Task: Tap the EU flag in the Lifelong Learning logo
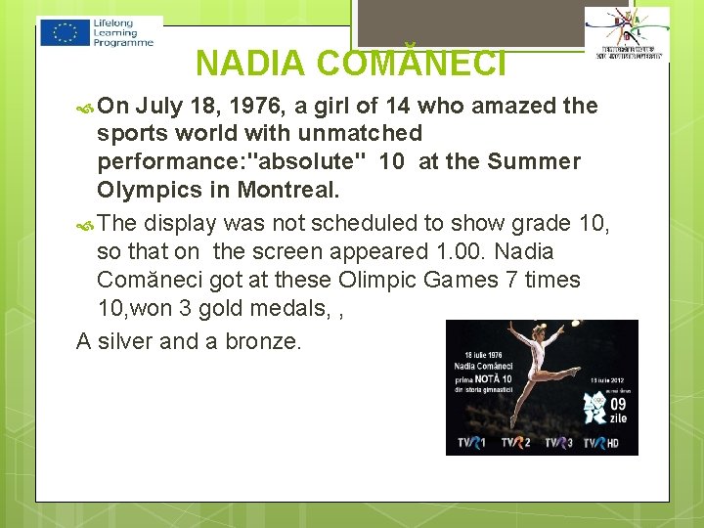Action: pyautogui.click(x=66, y=32)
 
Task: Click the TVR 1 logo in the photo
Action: pyautogui.click(x=471, y=443)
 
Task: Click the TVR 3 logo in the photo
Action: pyautogui.click(x=558, y=443)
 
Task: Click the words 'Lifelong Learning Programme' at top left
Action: pyautogui.click(x=123, y=32)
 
